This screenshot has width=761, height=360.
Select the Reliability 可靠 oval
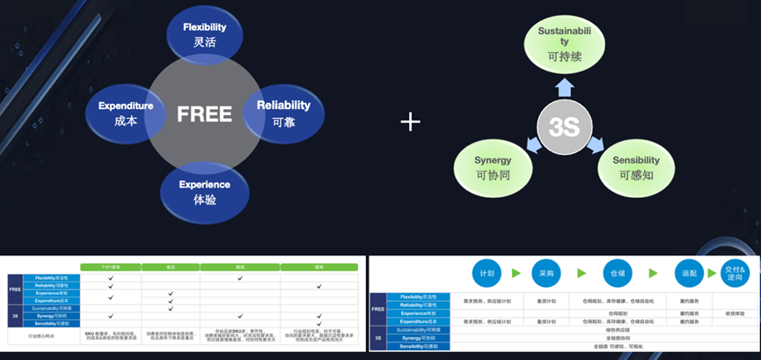tap(283, 114)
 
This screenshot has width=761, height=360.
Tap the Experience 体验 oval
tap(204, 192)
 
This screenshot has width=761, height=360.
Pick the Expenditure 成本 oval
tap(126, 114)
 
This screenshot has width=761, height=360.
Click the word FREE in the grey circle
tap(204, 114)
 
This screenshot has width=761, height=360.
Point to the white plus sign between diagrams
tap(411, 121)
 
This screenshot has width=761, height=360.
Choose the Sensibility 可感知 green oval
tap(631, 168)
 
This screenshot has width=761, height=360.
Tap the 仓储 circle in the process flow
tap(612, 273)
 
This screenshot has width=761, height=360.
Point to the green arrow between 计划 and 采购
tap(516, 273)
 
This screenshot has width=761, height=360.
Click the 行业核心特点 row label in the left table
tap(43, 336)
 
